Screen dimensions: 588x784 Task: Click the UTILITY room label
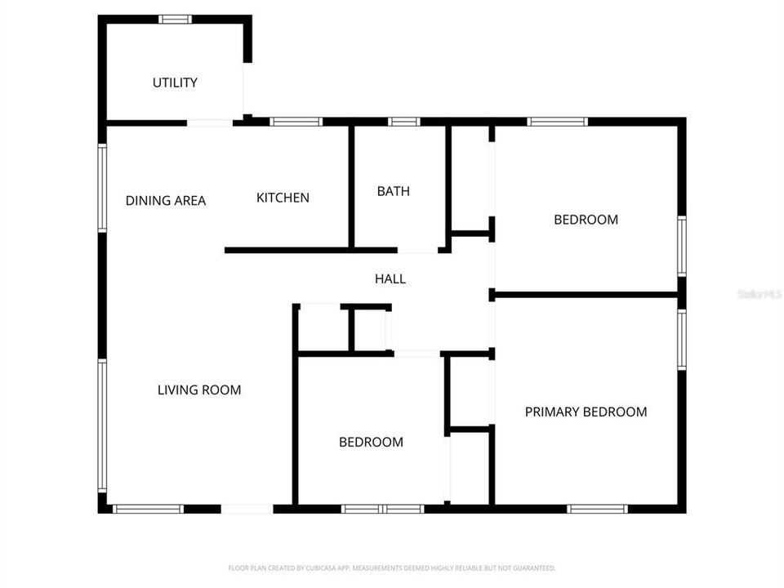(x=175, y=82)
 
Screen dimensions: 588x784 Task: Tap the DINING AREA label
(x=166, y=200)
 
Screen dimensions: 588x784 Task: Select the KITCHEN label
(x=283, y=198)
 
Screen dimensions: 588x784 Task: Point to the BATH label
(x=393, y=191)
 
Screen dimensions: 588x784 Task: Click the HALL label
(x=390, y=278)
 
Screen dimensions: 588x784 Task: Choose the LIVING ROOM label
(x=199, y=390)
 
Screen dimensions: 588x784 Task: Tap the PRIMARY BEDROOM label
(x=586, y=412)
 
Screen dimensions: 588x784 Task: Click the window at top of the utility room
(x=175, y=19)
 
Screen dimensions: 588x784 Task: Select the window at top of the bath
(x=403, y=122)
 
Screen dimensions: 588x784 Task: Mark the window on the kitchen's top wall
(x=296, y=122)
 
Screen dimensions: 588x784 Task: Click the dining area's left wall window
(x=103, y=188)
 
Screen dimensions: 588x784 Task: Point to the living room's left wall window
(x=103, y=426)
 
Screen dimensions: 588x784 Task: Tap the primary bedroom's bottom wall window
(x=597, y=509)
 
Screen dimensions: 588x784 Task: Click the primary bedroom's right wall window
(x=682, y=340)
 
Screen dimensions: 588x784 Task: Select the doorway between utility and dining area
(x=210, y=122)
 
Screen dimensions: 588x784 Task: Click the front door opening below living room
(x=247, y=509)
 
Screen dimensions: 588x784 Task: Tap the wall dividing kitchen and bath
(x=351, y=186)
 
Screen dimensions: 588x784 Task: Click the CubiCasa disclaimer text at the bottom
(x=392, y=568)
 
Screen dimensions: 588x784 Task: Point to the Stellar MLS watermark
(x=759, y=293)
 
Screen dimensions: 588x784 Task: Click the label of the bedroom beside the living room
(x=371, y=442)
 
